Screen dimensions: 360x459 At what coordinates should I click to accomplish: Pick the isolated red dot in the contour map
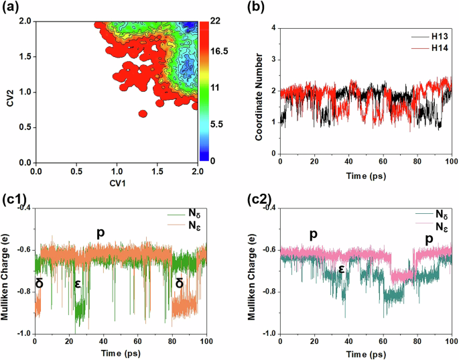[x=143, y=114]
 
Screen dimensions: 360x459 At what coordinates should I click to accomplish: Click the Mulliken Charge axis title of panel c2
[x=252, y=272]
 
